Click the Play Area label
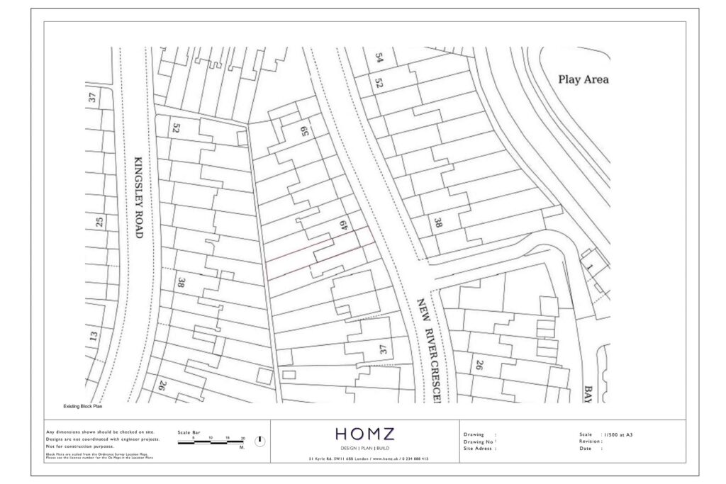[x=583, y=79]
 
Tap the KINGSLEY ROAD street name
[x=138, y=197]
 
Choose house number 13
[x=93, y=335]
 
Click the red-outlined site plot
[x=319, y=252]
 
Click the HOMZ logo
[x=364, y=434]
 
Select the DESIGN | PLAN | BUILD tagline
[x=364, y=449]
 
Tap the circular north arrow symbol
[x=260, y=441]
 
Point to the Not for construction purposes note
[x=79, y=446]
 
